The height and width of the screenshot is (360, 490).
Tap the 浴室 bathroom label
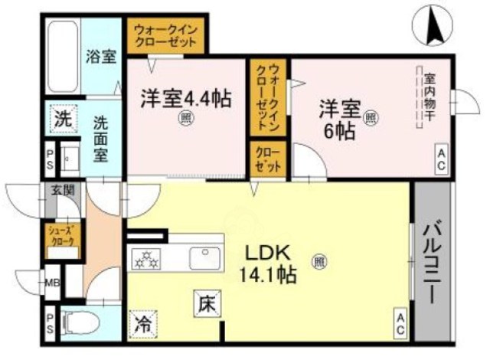100,56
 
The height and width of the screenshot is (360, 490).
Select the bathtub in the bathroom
62,57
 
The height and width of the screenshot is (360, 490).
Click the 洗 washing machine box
62,119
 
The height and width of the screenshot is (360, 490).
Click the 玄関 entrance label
62,191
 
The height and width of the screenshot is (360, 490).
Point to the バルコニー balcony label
433,260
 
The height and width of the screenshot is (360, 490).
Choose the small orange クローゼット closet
267,158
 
